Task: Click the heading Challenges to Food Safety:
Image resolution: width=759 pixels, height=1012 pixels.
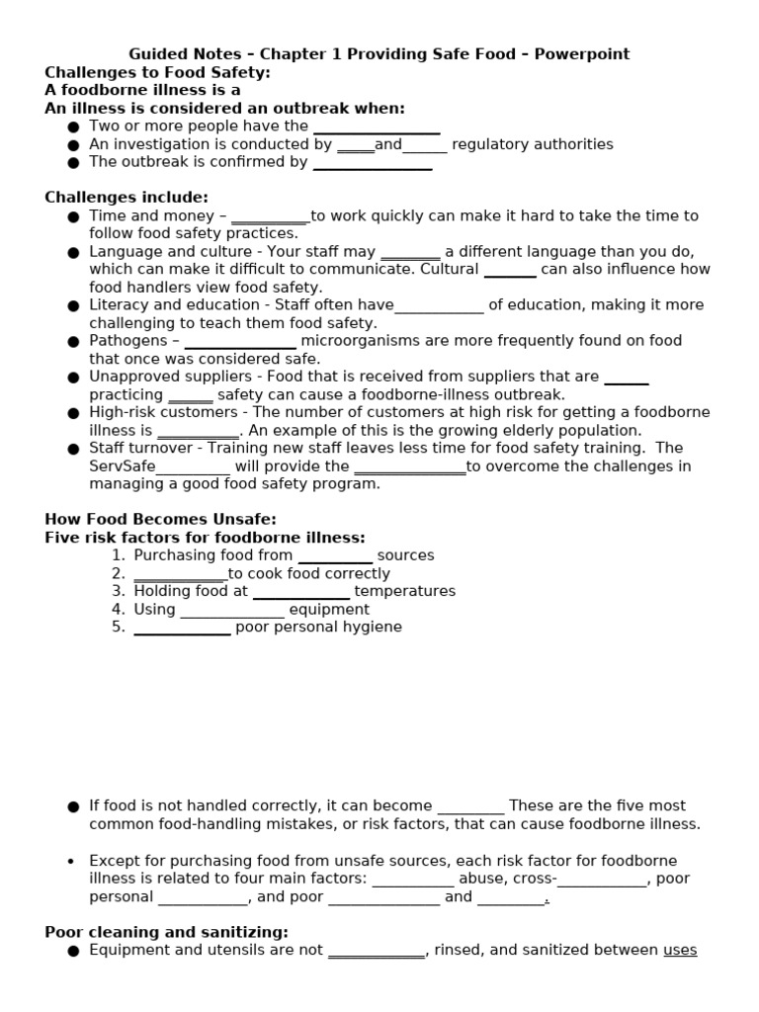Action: [157, 72]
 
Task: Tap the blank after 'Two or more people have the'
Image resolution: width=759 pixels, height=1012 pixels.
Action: [376, 126]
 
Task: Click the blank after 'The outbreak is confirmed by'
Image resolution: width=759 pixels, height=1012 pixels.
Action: [372, 162]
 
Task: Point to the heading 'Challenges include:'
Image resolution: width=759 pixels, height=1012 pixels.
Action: [126, 198]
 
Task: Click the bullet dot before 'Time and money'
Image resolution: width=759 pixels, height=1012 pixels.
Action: [73, 216]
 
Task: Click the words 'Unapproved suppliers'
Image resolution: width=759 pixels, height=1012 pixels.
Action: [163, 377]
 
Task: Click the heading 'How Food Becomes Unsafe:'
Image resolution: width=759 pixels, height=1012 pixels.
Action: [160, 520]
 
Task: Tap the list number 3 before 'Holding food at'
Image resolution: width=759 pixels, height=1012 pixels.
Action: [118, 591]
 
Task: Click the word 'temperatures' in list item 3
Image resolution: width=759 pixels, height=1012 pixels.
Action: [404, 591]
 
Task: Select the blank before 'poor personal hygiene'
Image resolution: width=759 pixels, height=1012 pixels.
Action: [182, 628]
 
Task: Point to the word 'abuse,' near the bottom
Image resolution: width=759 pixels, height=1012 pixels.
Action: [481, 879]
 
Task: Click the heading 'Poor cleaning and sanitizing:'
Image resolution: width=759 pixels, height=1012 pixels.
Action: [166, 932]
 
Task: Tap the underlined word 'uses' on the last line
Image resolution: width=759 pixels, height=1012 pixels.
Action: [680, 950]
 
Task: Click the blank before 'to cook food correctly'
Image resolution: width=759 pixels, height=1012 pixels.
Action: [180, 574]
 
